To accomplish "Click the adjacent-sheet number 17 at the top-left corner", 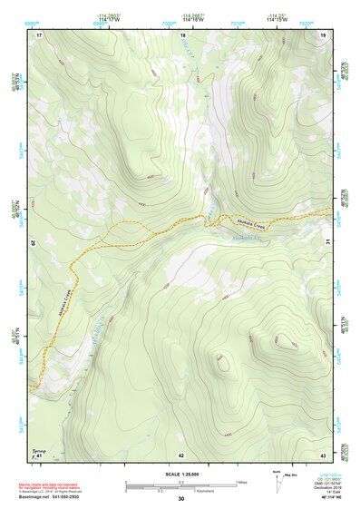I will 39,34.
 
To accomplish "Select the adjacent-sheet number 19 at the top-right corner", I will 324,34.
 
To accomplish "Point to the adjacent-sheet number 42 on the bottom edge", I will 181,455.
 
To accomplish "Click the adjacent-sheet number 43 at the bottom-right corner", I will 323,455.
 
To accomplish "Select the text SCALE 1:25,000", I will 180,474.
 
